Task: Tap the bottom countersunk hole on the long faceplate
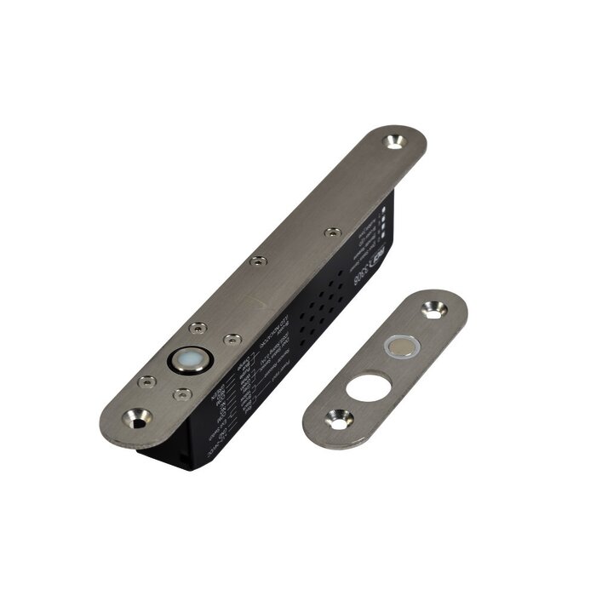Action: pos(136,417)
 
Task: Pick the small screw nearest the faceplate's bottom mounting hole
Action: pos(146,381)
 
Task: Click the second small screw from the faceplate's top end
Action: pos(259,261)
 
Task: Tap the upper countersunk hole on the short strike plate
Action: pos(433,312)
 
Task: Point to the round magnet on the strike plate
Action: pos(401,346)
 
